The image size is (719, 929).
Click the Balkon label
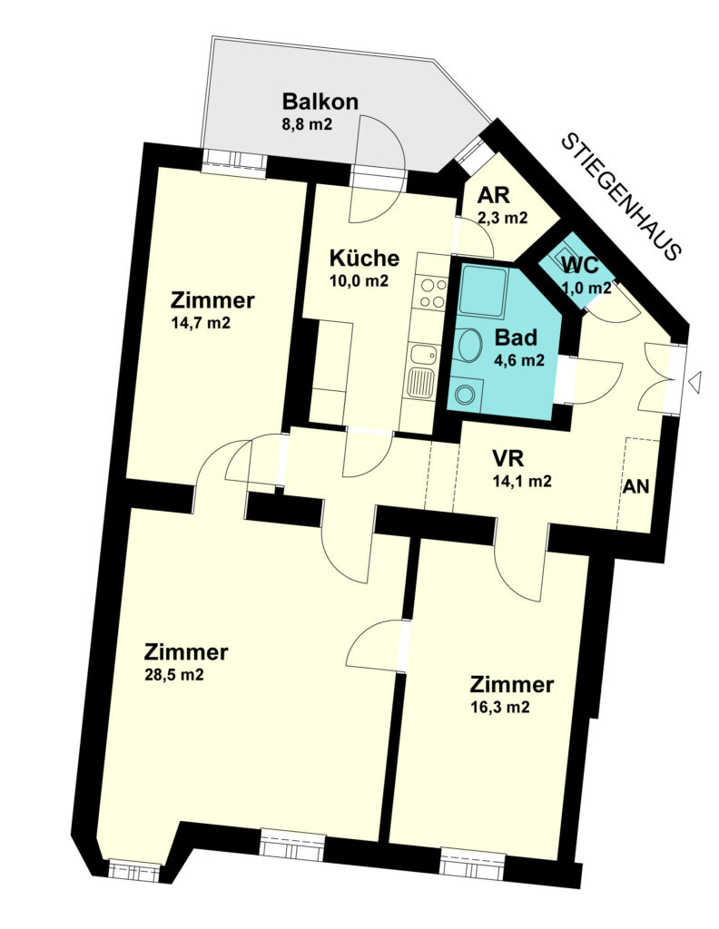pyautogui.click(x=320, y=102)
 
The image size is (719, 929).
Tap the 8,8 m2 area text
pyautogui.click(x=307, y=124)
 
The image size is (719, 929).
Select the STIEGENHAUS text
pyautogui.click(x=620, y=197)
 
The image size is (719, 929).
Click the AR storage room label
pyautogui.click(x=495, y=196)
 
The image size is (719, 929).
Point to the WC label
pyautogui.click(x=579, y=265)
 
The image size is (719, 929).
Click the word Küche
pyautogui.click(x=364, y=259)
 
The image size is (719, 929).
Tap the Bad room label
pyautogui.click(x=516, y=337)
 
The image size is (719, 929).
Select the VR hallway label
pyautogui.click(x=508, y=459)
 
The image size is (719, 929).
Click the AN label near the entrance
pyautogui.click(x=636, y=486)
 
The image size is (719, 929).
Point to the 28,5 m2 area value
pyautogui.click(x=174, y=674)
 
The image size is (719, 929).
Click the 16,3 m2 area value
pyautogui.click(x=499, y=707)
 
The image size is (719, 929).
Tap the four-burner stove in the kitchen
pyautogui.click(x=432, y=293)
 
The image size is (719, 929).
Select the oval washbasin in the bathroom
pyautogui.click(x=469, y=344)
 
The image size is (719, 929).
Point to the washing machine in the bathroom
pyautogui.click(x=466, y=393)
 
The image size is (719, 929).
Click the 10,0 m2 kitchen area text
pyautogui.click(x=359, y=281)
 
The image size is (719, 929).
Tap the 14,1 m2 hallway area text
pyautogui.click(x=522, y=481)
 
